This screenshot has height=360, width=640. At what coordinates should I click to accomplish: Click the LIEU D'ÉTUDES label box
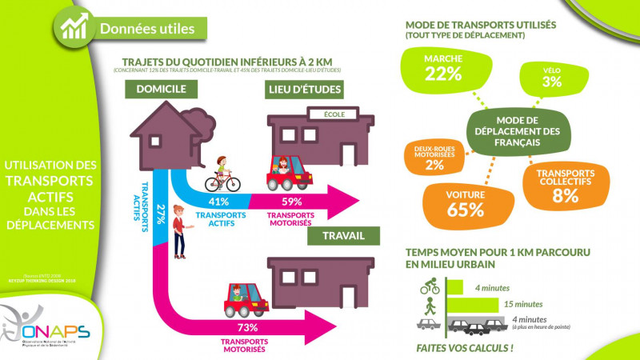303,89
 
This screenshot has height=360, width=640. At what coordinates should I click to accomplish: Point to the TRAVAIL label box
344,236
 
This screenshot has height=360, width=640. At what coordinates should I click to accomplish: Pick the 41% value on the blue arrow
218,202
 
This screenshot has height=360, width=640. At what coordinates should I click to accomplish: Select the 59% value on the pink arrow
291,202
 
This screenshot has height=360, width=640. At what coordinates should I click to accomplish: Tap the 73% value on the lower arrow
249,329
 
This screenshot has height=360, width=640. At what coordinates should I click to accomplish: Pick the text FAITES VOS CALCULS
465,348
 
